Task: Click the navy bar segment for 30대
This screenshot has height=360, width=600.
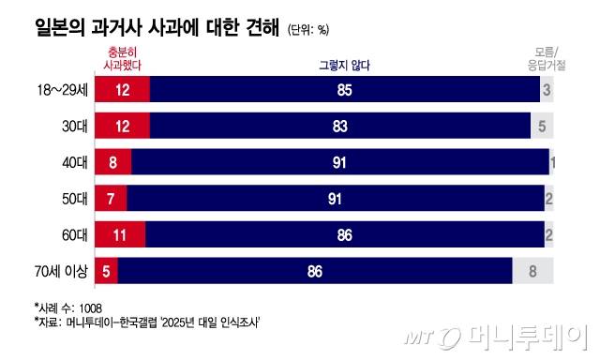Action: (x=339, y=127)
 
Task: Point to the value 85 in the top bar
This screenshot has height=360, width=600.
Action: (x=344, y=91)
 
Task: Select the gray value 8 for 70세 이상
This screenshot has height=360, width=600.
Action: (x=532, y=272)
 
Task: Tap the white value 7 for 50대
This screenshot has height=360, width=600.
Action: (x=111, y=199)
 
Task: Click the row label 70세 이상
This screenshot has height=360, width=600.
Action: (x=58, y=272)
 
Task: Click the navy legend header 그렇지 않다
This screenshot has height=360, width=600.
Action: (x=347, y=65)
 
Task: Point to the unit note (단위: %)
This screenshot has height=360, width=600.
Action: (x=308, y=29)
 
